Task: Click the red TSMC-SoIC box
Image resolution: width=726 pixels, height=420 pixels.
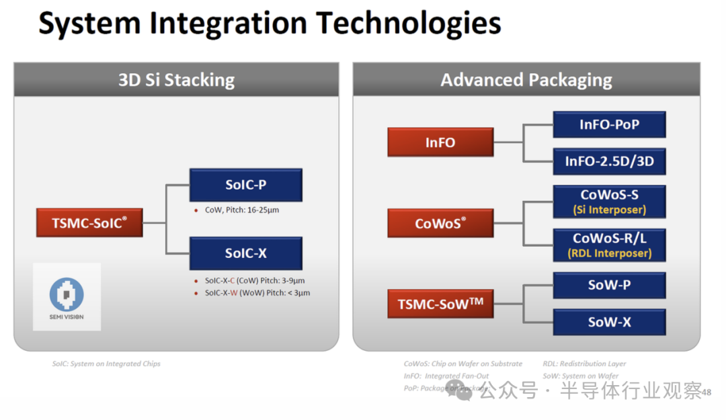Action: (x=89, y=222)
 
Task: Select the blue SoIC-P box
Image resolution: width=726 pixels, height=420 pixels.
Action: (x=245, y=185)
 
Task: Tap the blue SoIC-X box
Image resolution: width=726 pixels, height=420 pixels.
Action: (x=245, y=253)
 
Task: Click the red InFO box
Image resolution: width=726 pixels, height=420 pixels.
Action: (x=440, y=142)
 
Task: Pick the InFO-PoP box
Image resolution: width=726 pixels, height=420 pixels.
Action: (x=609, y=124)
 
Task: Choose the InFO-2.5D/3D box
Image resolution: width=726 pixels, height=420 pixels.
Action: (x=609, y=161)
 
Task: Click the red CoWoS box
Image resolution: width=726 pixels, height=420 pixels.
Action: (x=440, y=223)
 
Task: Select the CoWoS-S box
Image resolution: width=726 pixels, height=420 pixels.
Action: (x=609, y=201)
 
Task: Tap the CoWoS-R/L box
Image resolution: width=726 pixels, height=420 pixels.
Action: (x=609, y=245)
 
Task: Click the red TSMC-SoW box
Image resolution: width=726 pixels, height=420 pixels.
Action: (x=440, y=304)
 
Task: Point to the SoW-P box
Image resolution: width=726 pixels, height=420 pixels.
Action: (x=609, y=285)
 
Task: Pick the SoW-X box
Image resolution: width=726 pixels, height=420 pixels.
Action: (x=609, y=322)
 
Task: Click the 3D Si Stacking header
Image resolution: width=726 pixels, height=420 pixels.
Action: (x=176, y=80)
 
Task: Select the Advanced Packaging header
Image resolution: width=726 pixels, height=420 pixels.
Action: (x=526, y=80)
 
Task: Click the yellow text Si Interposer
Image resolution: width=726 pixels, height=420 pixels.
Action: (x=609, y=210)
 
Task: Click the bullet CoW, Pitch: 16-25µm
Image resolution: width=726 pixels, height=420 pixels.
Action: (x=241, y=210)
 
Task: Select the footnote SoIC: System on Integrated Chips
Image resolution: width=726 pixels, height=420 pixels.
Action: (x=106, y=364)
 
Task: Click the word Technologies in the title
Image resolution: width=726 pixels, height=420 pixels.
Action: (x=409, y=24)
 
